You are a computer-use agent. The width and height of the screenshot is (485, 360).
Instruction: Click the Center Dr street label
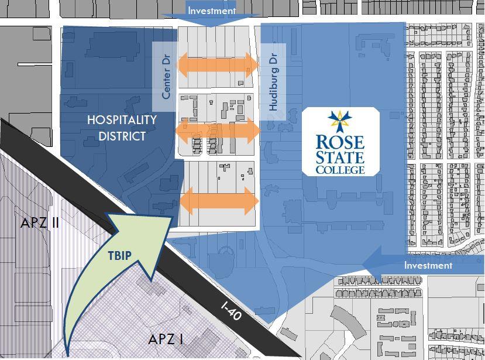click(x=166, y=77)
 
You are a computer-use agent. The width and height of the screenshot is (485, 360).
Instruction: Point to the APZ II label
click(x=40, y=223)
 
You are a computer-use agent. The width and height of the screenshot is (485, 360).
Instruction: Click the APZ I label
click(x=166, y=339)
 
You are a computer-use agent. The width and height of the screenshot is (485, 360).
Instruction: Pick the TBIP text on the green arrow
click(x=119, y=255)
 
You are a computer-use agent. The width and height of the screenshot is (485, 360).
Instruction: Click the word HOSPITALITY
click(x=122, y=119)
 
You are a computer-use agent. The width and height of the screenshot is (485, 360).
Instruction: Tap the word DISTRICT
click(x=122, y=136)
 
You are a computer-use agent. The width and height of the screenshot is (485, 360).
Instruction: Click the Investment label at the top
click(x=211, y=11)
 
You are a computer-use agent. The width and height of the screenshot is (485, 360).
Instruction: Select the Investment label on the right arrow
click(x=428, y=265)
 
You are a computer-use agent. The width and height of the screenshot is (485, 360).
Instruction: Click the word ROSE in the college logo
click(x=340, y=142)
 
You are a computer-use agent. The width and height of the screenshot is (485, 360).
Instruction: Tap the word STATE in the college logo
click(x=340, y=157)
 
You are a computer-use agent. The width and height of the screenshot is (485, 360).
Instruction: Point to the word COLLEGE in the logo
click(x=340, y=170)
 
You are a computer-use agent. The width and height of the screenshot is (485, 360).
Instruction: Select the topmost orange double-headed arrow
click(x=217, y=64)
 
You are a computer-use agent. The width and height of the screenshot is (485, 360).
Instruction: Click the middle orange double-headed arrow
click(x=218, y=130)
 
